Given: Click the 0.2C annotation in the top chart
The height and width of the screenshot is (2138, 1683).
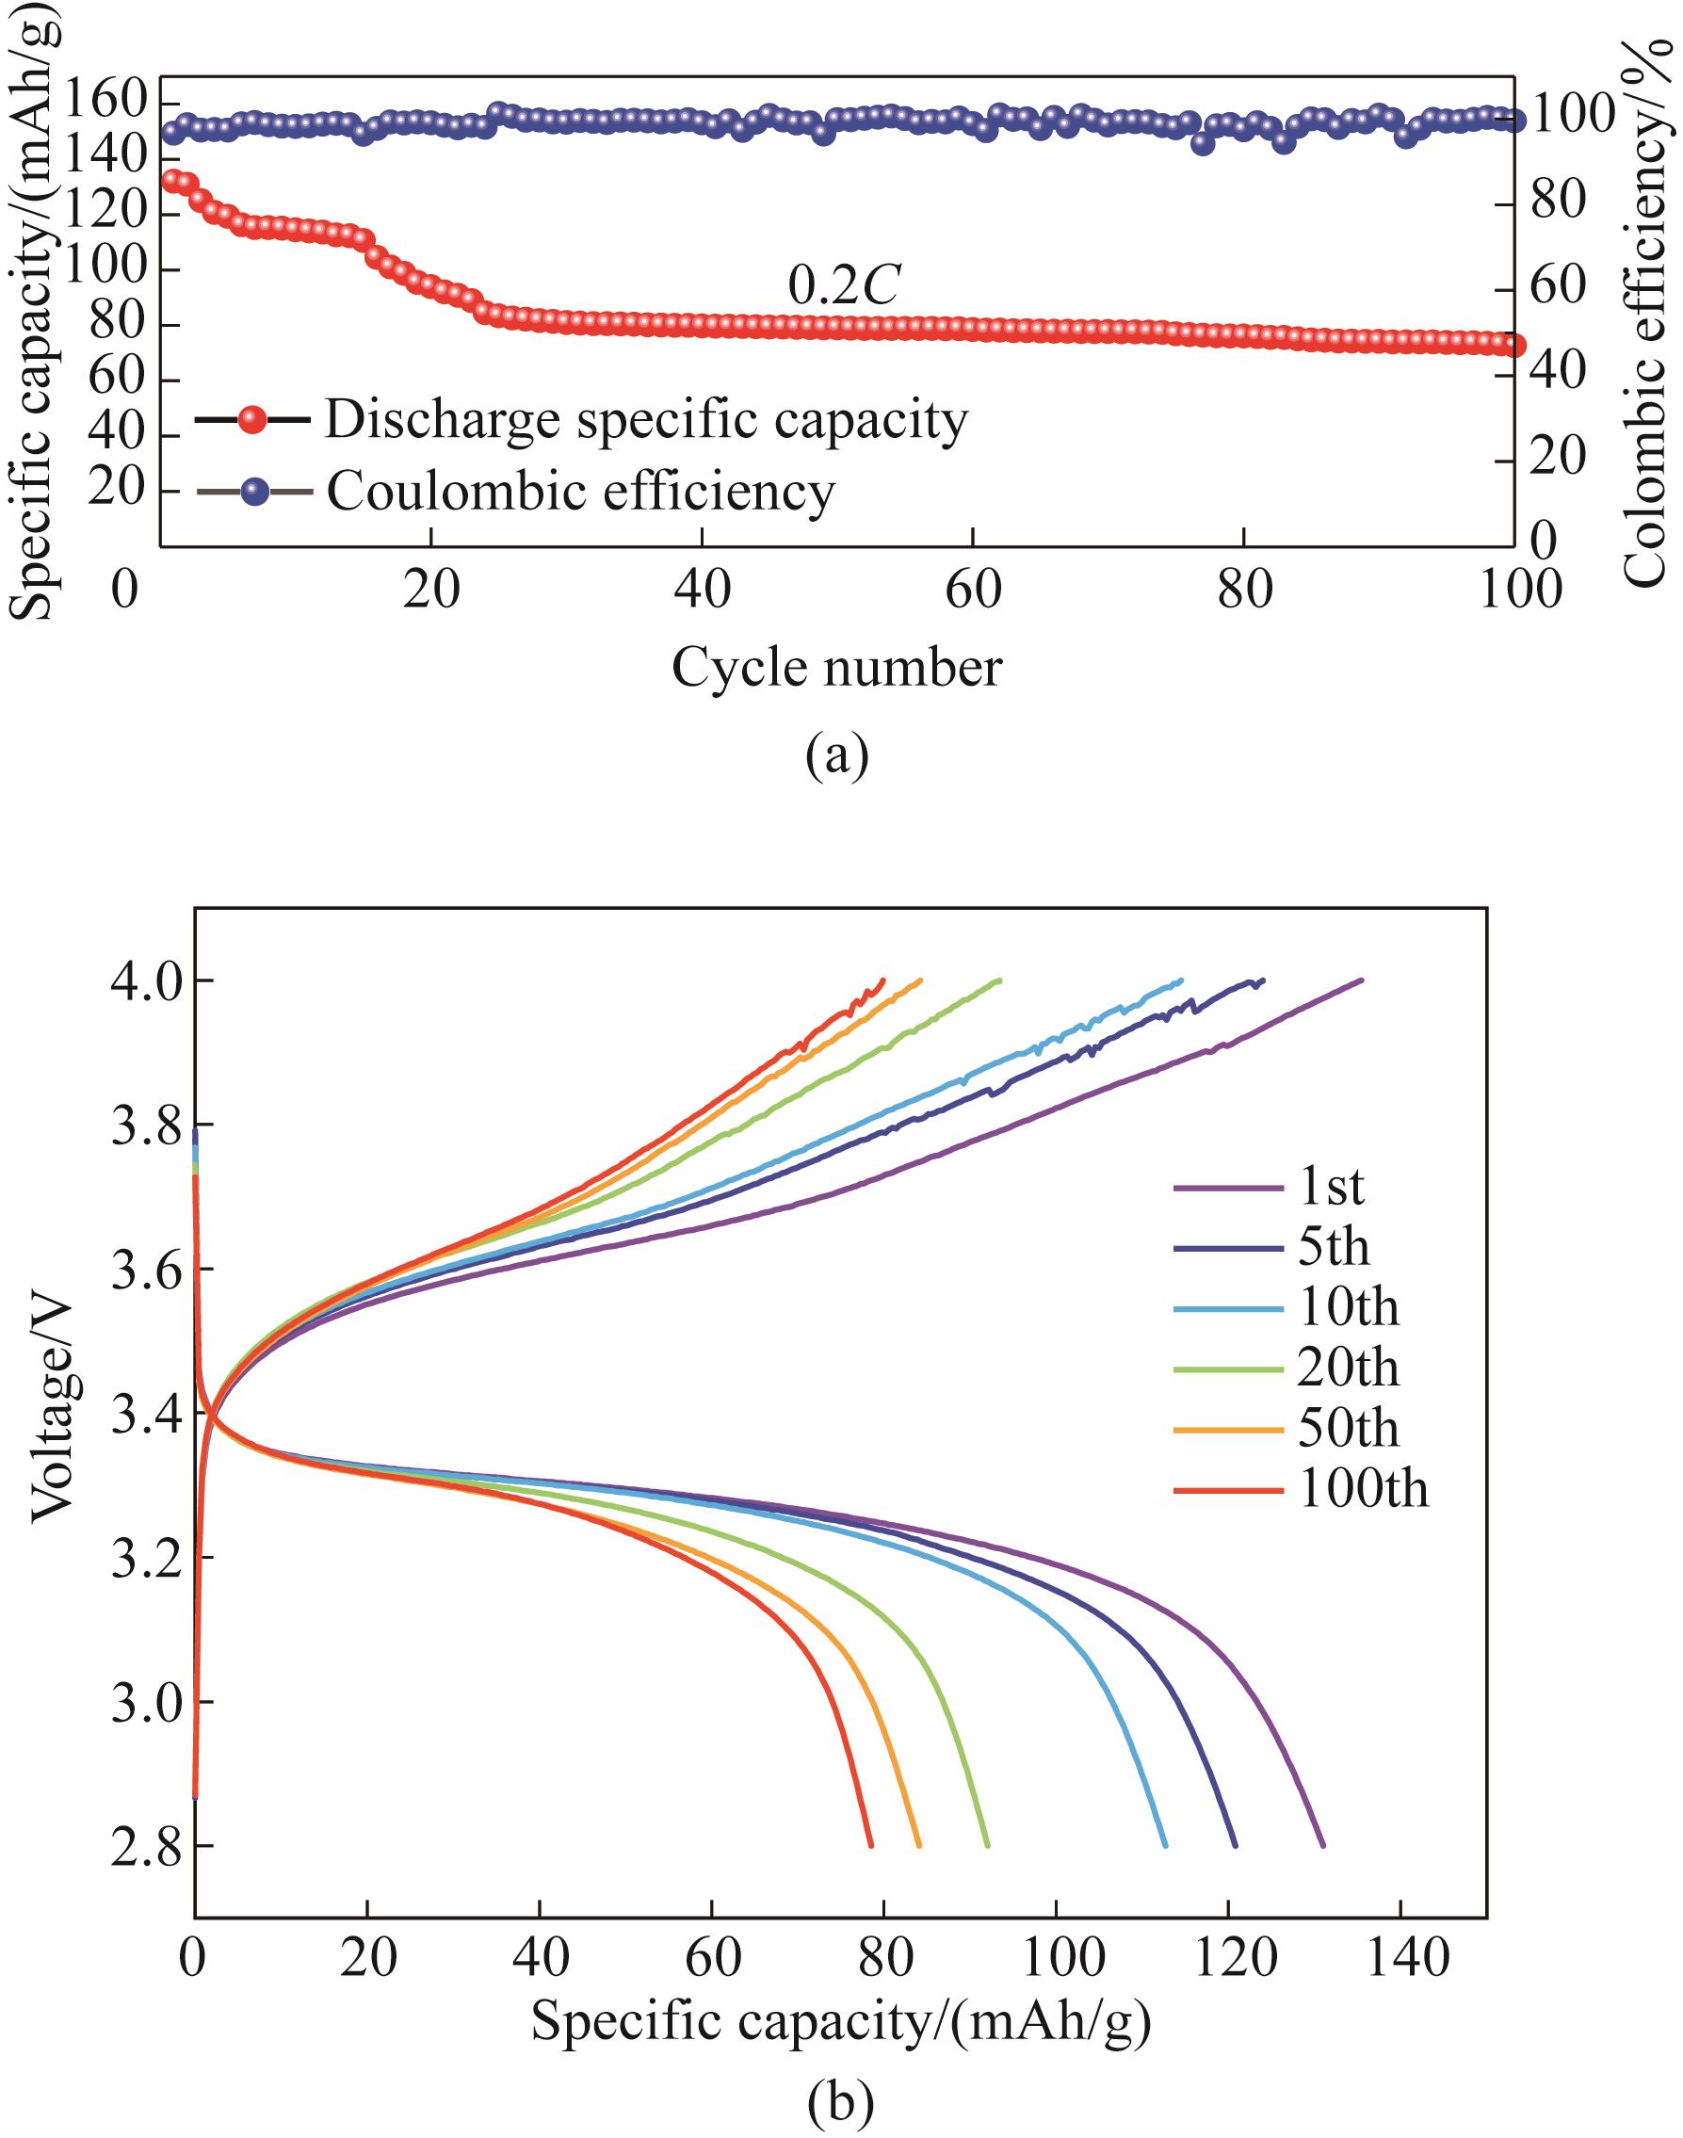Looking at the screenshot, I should (845, 285).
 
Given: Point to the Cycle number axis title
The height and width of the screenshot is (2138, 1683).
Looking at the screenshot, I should (836, 668).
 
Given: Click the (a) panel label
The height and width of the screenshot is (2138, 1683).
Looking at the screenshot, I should (836, 756).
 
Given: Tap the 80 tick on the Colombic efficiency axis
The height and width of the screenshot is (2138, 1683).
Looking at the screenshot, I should (1560, 202).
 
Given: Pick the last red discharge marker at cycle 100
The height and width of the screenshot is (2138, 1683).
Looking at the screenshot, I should (1513, 346).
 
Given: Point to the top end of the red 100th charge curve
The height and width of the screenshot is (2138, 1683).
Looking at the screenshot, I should (882, 980).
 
